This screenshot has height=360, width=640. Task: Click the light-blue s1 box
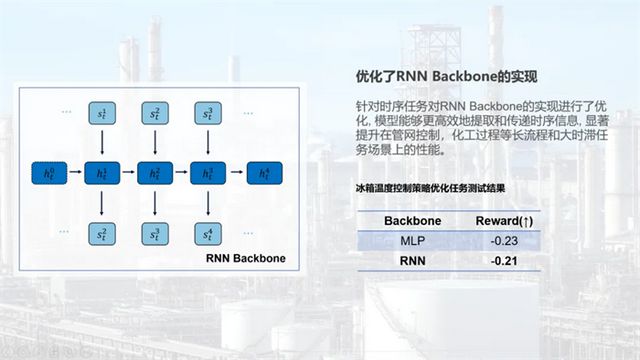[101, 114]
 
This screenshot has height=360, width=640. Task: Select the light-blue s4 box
[207, 234]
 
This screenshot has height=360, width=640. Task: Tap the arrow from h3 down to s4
[207, 204]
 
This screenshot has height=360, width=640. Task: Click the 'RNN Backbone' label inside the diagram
[245, 258]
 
